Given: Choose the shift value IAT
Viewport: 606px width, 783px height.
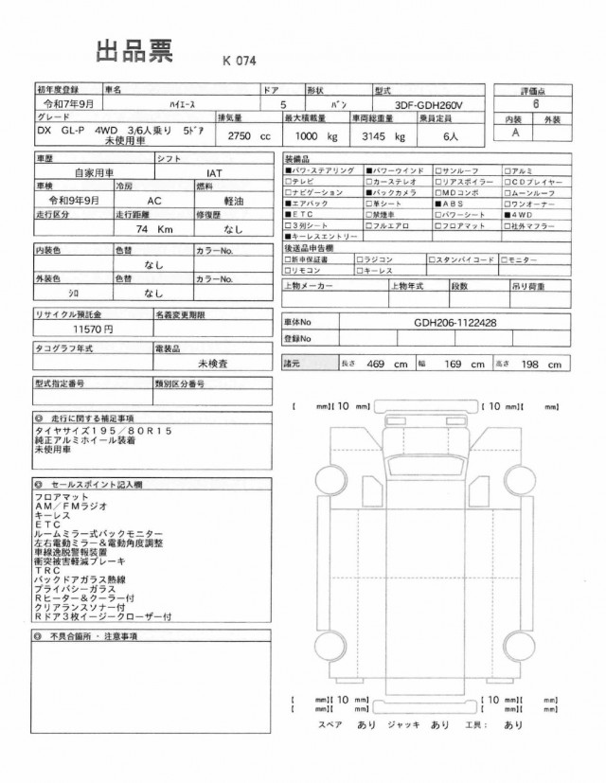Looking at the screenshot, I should (215, 174).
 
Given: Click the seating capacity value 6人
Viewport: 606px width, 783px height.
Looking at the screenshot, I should (445, 135).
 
